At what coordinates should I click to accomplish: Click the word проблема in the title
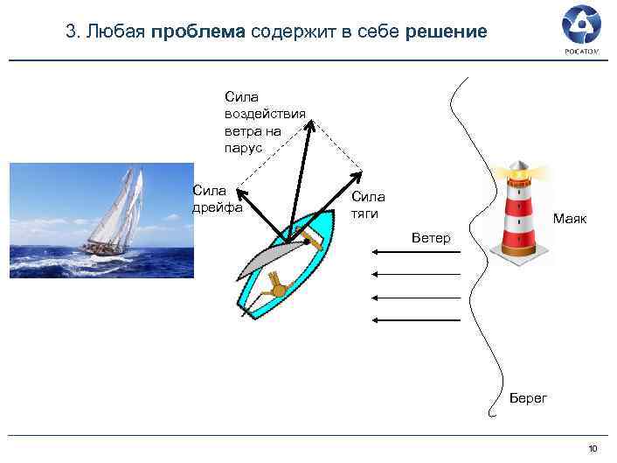click(198, 33)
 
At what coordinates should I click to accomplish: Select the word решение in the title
click(446, 33)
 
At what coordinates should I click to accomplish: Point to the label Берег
click(528, 398)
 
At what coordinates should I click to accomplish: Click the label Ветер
click(431, 238)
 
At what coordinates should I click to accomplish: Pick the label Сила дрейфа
click(210, 199)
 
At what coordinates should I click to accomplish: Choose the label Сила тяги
click(368, 205)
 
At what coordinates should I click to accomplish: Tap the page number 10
click(593, 449)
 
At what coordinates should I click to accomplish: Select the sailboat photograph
click(101, 220)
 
